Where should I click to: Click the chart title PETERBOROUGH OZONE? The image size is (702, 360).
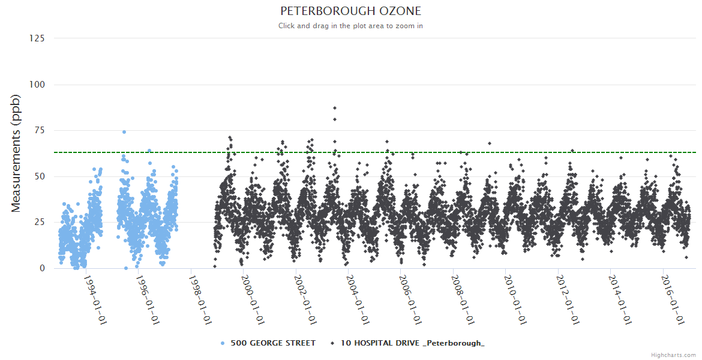[350, 11]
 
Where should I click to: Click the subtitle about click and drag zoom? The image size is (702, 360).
[350, 26]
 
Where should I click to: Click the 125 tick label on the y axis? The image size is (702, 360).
[37, 38]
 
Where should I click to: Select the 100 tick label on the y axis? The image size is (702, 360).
[37, 85]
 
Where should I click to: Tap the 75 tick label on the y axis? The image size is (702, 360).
[39, 130]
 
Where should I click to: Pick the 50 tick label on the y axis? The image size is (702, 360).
[39, 176]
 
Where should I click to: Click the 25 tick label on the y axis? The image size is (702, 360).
[39, 222]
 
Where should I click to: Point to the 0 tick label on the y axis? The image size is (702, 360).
[42, 268]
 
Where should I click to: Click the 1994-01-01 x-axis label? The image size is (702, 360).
[95, 300]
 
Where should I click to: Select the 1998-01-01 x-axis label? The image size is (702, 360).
[200, 300]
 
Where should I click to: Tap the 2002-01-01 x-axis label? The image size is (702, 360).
[305, 300]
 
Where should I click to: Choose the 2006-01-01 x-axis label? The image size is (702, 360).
[410, 300]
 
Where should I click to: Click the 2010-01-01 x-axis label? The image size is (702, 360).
[515, 300]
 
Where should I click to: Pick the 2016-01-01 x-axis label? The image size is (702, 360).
[672, 300]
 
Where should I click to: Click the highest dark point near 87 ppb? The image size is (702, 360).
[335, 108]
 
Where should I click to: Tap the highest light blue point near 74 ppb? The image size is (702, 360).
[124, 132]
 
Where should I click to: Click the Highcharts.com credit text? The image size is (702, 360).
[673, 355]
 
